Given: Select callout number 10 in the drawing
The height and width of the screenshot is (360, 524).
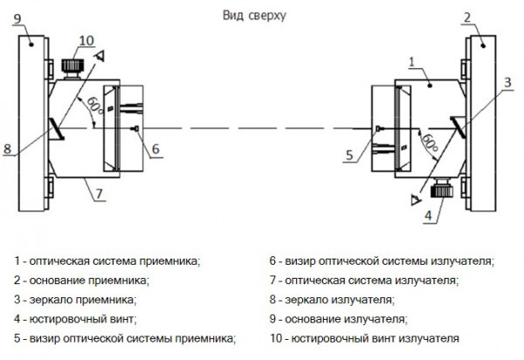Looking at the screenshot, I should click(85, 41).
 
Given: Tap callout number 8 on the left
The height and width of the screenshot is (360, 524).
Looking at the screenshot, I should click(9, 149).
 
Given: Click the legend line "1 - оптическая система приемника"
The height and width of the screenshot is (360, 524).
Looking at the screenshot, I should click(107, 260).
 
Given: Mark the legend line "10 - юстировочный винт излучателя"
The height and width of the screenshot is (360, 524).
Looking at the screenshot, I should click(364, 337).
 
